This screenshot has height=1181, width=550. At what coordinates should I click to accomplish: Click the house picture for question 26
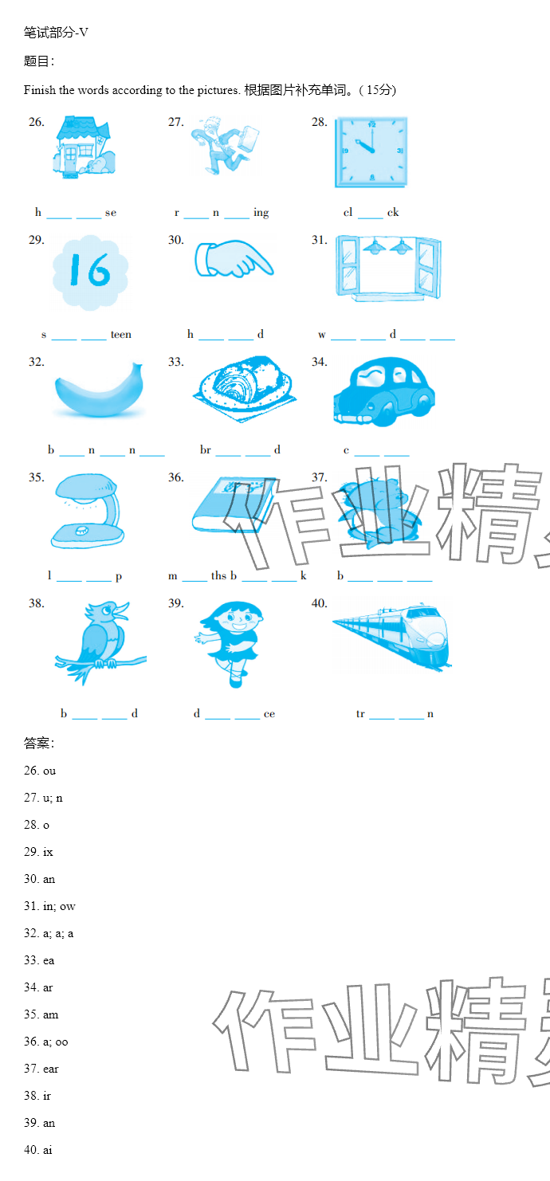(84, 147)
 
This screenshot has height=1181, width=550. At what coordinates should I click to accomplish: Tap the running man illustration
(226, 145)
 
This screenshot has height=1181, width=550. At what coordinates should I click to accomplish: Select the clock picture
(371, 152)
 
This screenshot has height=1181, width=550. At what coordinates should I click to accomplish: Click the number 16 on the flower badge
(91, 270)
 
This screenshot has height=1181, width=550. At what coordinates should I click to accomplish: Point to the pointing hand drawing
(234, 258)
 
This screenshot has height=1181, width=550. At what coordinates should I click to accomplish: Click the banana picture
(99, 390)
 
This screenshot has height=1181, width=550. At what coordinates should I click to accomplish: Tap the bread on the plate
(245, 384)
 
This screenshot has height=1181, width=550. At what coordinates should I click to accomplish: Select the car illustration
(384, 391)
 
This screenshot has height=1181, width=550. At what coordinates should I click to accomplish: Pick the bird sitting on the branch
(100, 642)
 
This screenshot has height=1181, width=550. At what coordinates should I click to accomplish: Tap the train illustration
(392, 637)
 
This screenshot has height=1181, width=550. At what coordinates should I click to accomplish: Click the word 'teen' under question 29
(120, 334)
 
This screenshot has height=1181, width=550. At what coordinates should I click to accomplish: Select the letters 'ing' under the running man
(261, 213)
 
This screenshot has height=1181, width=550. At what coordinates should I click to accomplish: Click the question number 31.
(319, 241)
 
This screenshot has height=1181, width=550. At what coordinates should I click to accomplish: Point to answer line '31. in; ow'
(49, 906)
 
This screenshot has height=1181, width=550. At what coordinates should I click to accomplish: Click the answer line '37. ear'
(41, 1069)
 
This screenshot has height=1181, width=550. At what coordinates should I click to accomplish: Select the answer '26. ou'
(40, 771)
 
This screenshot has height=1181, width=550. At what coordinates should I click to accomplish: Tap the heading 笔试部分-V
(56, 33)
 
